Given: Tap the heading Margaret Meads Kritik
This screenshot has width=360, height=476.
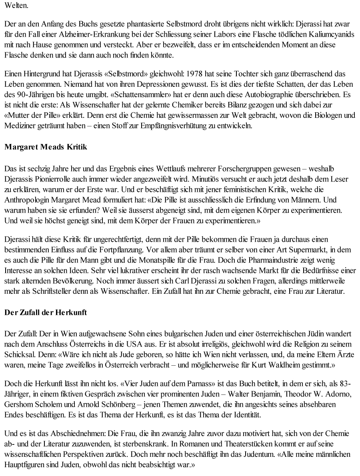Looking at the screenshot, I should [x=46, y=147].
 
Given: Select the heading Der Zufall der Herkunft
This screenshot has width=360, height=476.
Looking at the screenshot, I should [x=46, y=313].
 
